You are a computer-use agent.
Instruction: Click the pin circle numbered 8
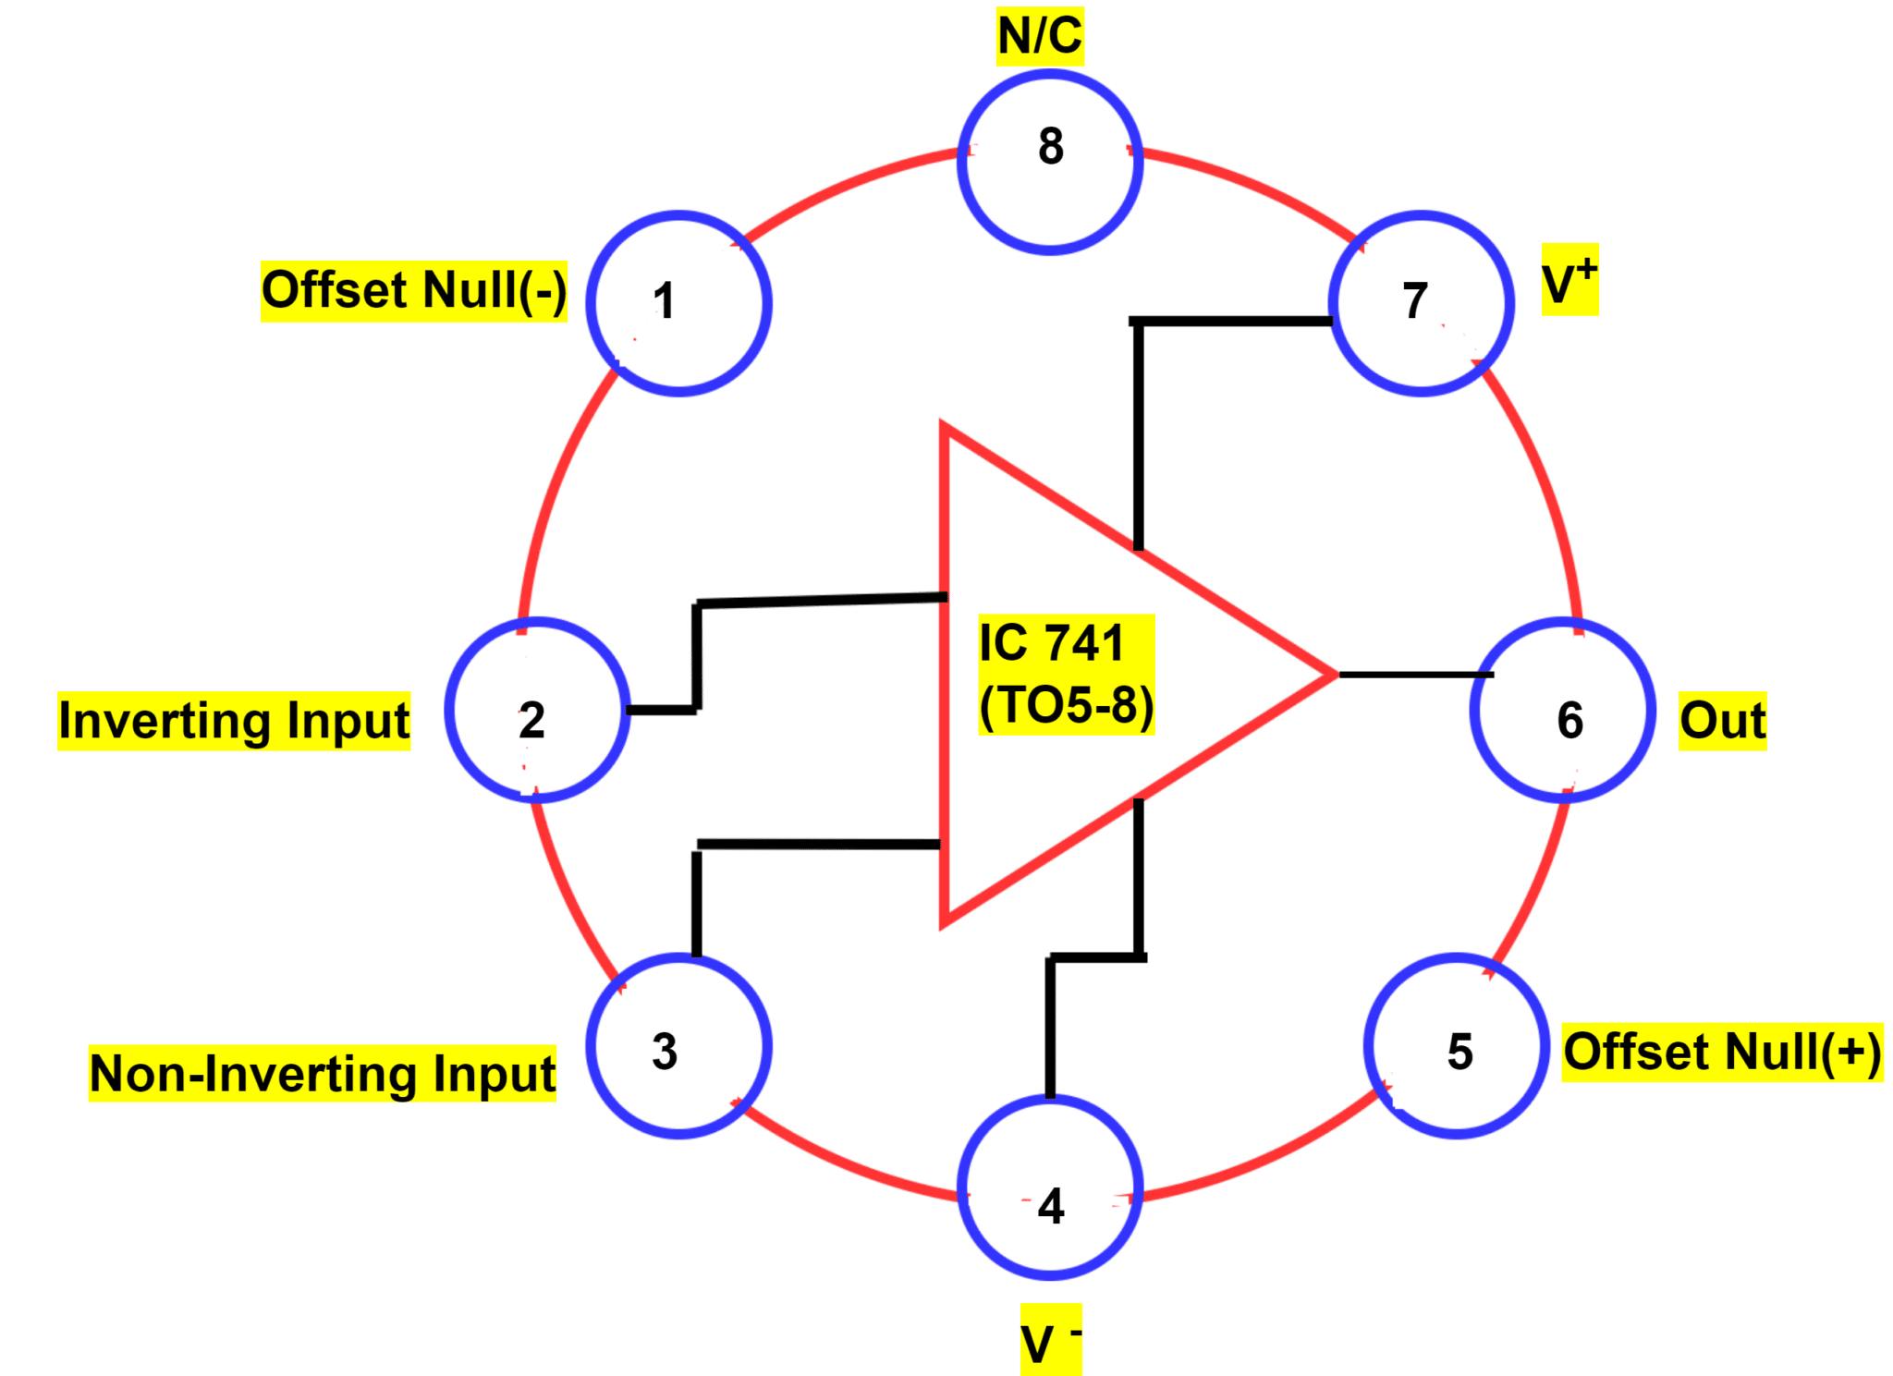1049,162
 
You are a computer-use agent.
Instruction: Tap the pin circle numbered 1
678,303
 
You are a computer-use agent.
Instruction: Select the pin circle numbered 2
537,709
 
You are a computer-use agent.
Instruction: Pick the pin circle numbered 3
678,1045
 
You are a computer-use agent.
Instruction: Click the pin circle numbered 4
1049,1187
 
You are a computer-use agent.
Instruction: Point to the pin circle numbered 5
1456,1045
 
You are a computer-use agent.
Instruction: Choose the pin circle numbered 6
1562,709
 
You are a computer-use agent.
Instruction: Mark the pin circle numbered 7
1421,303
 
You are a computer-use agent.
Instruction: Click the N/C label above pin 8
1039,37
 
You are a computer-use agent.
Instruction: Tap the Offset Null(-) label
413,291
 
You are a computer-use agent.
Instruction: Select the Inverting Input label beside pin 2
234,721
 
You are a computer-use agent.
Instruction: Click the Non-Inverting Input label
322,1074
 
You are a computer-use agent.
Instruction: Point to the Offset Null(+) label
1721,1052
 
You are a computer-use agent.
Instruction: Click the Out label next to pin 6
1721,721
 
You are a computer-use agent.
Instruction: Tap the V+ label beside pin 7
1569,280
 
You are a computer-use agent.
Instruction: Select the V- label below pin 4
1050,1340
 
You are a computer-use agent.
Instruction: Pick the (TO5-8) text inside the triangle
1066,706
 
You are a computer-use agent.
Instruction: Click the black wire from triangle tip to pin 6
1414,675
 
